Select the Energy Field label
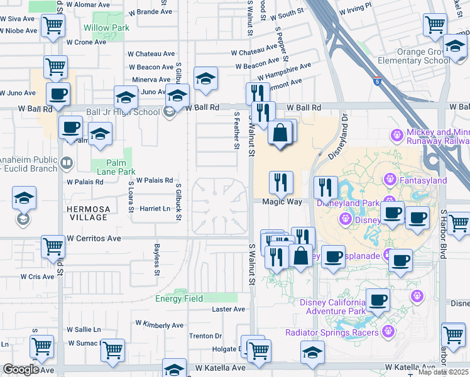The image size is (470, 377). tap(179, 298)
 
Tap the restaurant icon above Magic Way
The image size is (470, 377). tap(281, 182)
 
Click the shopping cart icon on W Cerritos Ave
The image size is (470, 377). tap(53, 246)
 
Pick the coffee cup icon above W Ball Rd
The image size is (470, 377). tap(58, 94)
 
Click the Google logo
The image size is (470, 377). tap(21, 369)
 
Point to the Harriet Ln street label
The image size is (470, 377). tap(155, 209)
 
